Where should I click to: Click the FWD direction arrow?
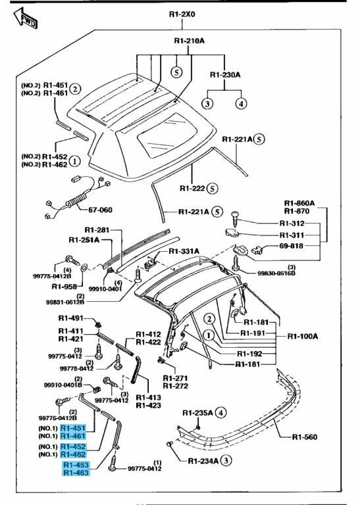(26, 18)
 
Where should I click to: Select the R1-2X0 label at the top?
(182, 14)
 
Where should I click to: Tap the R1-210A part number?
(189, 41)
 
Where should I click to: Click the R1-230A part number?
(225, 75)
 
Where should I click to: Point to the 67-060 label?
(100, 210)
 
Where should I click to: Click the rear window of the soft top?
(167, 135)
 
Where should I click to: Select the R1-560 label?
(305, 437)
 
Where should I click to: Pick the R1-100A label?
(303, 336)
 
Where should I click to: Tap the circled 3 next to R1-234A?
(226, 460)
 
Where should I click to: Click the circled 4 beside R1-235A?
(220, 412)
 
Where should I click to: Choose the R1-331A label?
(184, 251)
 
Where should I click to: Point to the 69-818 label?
(291, 246)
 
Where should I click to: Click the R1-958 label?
(64, 287)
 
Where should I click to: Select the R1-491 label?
(70, 318)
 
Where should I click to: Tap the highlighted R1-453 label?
(76, 465)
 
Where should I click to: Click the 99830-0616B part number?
(276, 274)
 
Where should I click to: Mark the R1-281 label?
(97, 230)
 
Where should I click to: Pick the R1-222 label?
(192, 188)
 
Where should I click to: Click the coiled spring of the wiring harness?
(76, 201)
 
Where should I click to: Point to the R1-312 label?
(292, 223)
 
